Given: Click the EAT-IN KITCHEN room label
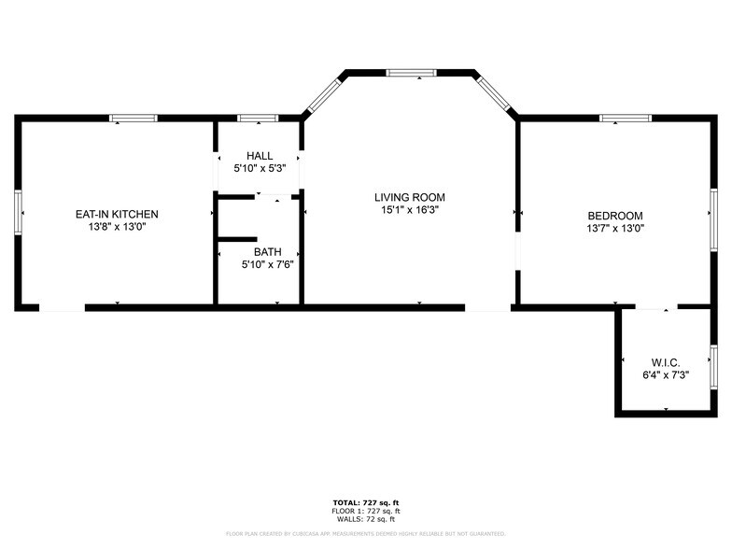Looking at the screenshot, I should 117,214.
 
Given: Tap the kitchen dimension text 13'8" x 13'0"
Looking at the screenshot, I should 117,227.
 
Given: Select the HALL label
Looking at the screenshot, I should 260,156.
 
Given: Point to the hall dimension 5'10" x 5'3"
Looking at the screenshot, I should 260,169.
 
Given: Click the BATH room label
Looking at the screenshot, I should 267,252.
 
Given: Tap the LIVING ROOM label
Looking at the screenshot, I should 409,197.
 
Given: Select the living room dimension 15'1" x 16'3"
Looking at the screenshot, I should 409,211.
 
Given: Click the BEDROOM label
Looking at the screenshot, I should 615,215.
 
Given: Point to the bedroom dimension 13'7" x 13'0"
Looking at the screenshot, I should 615,228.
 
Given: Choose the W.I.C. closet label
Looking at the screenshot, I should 665,362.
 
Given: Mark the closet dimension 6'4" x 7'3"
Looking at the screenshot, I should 665,375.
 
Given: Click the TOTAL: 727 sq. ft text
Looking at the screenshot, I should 365,502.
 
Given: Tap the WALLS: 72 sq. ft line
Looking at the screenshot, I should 365,519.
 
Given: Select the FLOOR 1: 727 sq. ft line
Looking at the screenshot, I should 365,511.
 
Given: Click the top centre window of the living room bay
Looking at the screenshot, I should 411,72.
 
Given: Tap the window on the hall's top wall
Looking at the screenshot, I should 258,119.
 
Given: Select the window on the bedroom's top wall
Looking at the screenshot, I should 625,119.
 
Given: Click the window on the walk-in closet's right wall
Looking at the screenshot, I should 713,361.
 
